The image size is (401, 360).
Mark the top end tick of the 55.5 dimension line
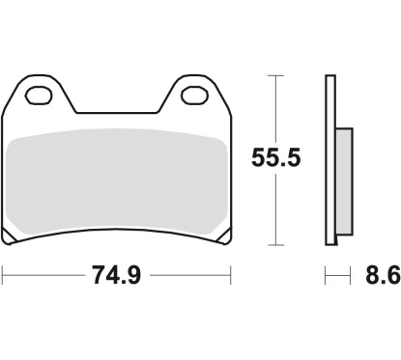(276, 74)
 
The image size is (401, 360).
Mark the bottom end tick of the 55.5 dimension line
(276, 244)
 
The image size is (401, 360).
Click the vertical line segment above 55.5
(276, 106)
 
